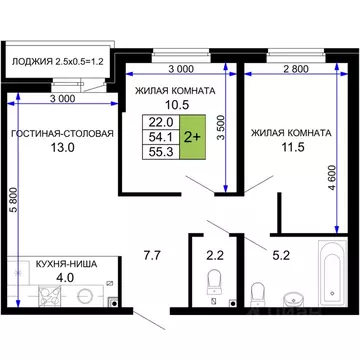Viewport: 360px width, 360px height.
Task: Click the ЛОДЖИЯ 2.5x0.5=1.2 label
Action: (58, 60)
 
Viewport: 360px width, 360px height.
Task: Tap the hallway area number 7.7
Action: (151, 256)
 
